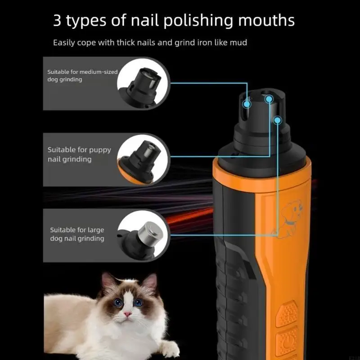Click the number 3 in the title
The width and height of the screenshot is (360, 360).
click(58, 20)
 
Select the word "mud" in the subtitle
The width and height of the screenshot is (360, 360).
click(239, 43)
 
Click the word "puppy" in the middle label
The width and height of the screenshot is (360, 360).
click(100, 150)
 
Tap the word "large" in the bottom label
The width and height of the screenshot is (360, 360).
click(95, 230)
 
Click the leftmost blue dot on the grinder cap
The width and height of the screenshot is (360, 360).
click(247, 104)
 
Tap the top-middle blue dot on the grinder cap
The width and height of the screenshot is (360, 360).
click(269, 99)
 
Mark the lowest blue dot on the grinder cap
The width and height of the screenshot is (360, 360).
click(278, 120)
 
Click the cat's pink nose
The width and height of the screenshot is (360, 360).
click(128, 314)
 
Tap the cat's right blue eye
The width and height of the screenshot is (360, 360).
click(138, 302)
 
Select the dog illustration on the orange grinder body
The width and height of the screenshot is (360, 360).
click(288, 219)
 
